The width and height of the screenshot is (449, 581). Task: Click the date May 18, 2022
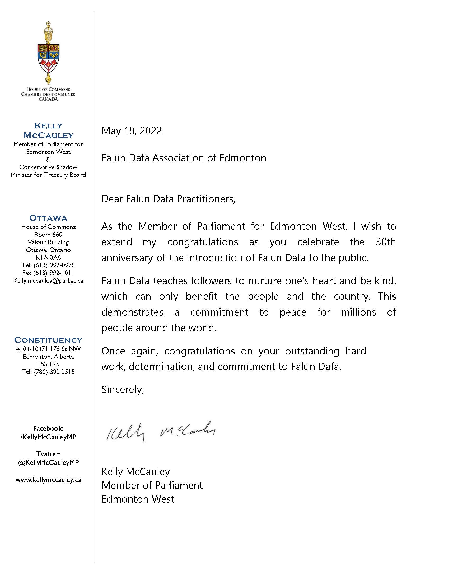tap(132, 131)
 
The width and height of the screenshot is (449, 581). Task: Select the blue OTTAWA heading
tap(48, 218)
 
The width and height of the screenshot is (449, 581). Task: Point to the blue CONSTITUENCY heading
tap(48, 340)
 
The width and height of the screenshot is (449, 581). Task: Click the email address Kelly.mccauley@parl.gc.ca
tap(48, 280)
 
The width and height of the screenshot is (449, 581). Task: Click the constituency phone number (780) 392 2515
tap(54, 372)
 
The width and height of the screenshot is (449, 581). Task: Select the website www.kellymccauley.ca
tap(48, 480)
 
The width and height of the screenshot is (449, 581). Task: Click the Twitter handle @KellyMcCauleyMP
tap(48, 462)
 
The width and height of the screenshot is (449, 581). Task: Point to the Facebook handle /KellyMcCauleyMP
tap(48, 437)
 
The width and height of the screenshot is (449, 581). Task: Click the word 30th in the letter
tap(386, 242)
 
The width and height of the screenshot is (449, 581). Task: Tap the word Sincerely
tap(122, 390)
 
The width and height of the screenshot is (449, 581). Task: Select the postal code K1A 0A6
tap(48, 257)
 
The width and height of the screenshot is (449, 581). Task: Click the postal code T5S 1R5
tap(48, 364)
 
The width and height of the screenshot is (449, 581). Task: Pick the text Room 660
tap(48, 234)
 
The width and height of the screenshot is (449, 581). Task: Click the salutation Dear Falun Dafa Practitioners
tap(168, 199)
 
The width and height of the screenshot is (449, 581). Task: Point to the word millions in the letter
tap(359, 312)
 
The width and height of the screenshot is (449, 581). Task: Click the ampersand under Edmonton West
tap(48, 160)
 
